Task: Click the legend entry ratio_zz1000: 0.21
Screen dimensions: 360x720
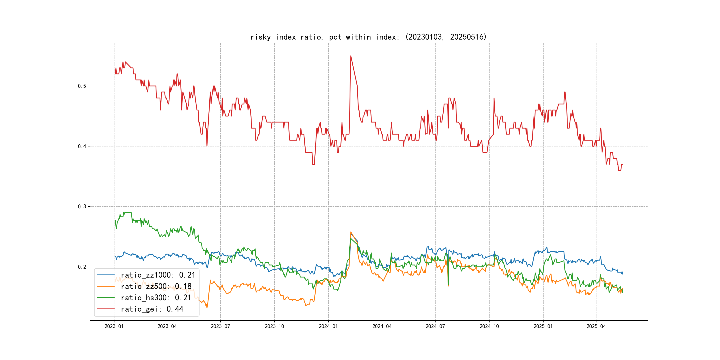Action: click(158, 275)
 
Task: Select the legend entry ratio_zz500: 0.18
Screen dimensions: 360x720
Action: click(156, 286)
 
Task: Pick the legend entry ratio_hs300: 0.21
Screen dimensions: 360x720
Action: click(156, 298)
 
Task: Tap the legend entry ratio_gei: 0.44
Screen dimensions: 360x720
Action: click(152, 309)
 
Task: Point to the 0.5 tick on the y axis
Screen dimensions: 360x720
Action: click(82, 86)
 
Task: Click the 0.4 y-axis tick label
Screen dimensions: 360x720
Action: click(82, 146)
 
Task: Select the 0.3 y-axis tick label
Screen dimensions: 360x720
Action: click(82, 206)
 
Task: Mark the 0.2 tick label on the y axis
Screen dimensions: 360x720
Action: click(82, 267)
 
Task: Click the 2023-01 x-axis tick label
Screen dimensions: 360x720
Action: click(114, 326)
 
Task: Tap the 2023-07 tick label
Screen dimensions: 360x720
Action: click(220, 326)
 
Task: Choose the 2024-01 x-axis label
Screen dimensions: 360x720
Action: click(328, 326)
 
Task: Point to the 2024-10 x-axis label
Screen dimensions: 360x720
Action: click(489, 326)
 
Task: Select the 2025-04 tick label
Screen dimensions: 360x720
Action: click(596, 326)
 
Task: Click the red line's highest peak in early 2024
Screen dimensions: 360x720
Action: click(351, 56)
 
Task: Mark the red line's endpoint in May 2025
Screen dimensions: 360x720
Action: click(622, 164)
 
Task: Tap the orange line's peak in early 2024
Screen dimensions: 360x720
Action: click(351, 232)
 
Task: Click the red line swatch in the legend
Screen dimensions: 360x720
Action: click(106, 309)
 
